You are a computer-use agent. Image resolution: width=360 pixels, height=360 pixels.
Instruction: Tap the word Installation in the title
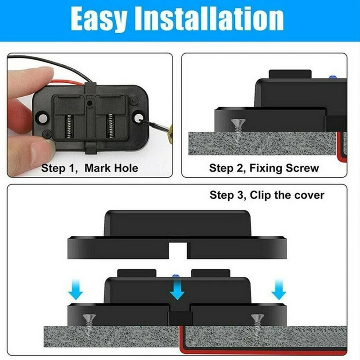pyautogui.click(x=216, y=19)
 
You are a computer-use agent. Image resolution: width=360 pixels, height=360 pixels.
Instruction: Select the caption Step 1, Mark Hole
pyautogui.click(x=90, y=169)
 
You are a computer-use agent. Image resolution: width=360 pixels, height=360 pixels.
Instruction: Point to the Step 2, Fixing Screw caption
pyautogui.click(x=264, y=169)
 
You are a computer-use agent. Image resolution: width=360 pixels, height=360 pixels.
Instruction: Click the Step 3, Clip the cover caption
pyautogui.click(x=267, y=195)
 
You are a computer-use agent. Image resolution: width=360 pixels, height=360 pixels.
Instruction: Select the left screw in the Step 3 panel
pyautogui.click(x=88, y=320)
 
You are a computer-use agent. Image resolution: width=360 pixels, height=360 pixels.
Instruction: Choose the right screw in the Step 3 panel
pyautogui.click(x=256, y=320)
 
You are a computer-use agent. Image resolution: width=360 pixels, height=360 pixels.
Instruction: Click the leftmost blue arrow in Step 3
pyautogui.click(x=76, y=292)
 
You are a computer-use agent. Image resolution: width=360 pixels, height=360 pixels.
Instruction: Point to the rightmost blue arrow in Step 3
pyautogui.click(x=279, y=292)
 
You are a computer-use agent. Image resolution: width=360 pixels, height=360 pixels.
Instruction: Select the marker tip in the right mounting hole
pyautogui.click(x=144, y=120)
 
